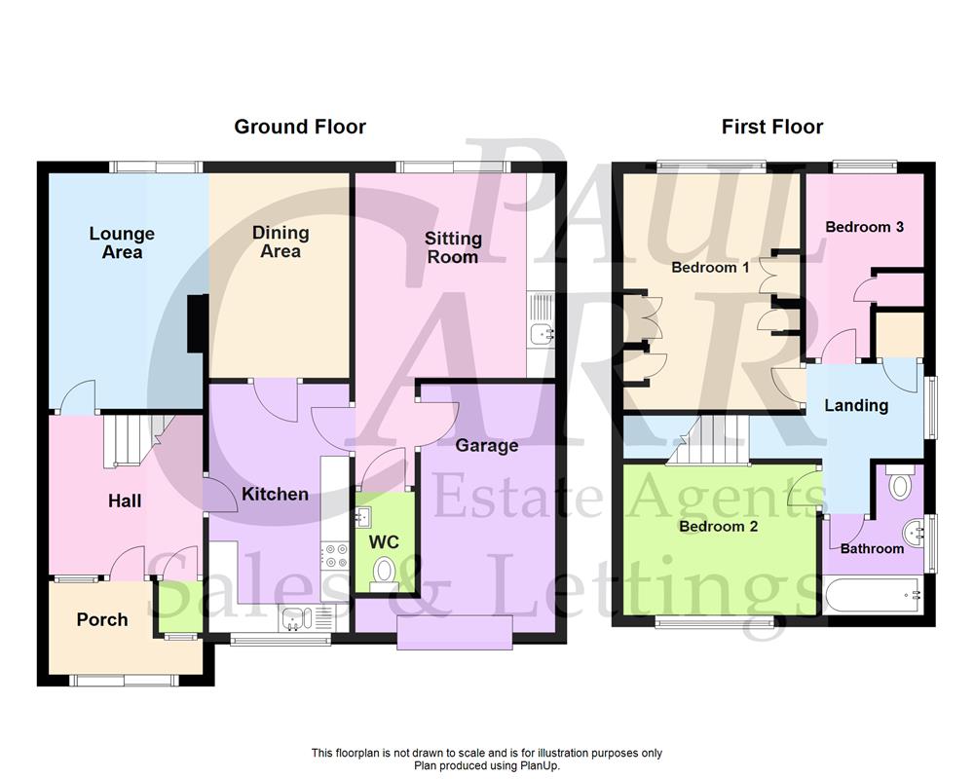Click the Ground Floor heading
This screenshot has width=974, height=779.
299,127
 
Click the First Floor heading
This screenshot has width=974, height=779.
771,127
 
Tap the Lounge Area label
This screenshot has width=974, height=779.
122,242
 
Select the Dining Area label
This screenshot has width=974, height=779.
281,241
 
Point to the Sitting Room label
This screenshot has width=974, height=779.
453,247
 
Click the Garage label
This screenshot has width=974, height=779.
487,445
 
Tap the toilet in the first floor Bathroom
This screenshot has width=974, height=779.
901,484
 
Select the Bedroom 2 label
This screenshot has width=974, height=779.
718,527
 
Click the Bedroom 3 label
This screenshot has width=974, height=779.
864,227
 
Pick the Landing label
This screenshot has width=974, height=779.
856,405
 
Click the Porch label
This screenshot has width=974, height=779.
102,619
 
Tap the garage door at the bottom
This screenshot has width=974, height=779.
455,632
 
